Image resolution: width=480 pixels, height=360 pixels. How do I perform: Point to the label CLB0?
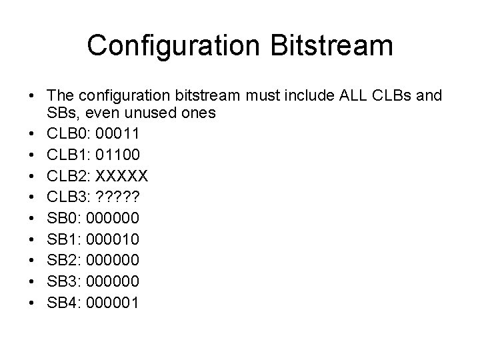[x=68, y=134]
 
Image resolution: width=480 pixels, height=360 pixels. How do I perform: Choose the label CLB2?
[x=68, y=176]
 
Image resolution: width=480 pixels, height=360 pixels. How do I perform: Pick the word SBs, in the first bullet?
[x=62, y=113]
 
